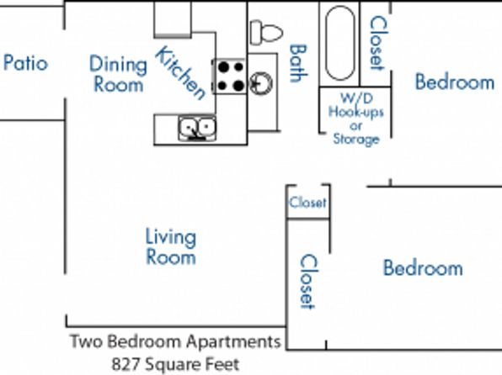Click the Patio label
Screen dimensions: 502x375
[x=25, y=63]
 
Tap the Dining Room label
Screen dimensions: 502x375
[x=118, y=74]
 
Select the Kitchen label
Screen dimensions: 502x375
[x=180, y=73]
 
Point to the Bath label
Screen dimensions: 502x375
[x=298, y=63]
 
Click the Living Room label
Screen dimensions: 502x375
[x=171, y=246]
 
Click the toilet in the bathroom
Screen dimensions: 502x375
[x=266, y=32]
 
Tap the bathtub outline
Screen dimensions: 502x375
[x=340, y=43]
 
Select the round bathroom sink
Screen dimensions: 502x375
[x=261, y=82]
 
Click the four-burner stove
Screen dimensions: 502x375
[x=230, y=76]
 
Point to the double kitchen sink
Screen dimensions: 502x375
[x=197, y=128]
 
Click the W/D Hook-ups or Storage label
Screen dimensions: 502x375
[x=356, y=119]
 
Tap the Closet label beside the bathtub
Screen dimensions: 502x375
[x=379, y=43]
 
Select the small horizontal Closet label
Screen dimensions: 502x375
[x=307, y=203]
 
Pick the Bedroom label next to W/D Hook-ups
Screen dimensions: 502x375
[x=455, y=82]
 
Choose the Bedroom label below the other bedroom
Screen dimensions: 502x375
[x=423, y=267]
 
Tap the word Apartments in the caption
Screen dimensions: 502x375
[x=233, y=341]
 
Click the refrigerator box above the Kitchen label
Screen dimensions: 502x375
[x=173, y=19]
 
